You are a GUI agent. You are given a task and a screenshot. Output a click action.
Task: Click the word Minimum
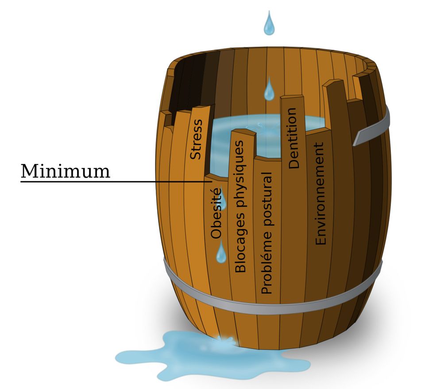(66, 171)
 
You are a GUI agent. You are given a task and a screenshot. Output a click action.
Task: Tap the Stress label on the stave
(196, 139)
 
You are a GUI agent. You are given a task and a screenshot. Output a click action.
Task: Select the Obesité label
(216, 214)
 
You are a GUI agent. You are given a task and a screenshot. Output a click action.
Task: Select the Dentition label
(293, 138)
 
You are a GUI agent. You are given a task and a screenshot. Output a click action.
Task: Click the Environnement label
(320, 194)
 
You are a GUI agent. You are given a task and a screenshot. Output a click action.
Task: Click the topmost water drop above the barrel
(269, 23)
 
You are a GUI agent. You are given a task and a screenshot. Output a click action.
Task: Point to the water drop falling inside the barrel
(269, 89)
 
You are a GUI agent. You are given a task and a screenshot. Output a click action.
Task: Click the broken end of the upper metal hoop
(358, 138)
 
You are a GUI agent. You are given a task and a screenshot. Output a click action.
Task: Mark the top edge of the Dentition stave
(292, 97)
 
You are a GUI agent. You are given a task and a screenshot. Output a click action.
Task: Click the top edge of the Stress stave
(201, 107)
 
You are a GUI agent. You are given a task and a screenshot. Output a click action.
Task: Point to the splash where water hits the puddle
(224, 340)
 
